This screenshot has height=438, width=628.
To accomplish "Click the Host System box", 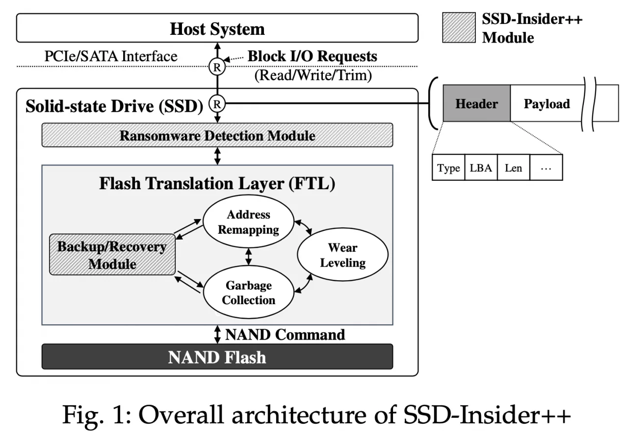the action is (217, 28).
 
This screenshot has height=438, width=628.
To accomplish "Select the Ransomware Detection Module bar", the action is (217, 135).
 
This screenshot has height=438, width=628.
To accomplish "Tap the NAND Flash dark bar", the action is (217, 357).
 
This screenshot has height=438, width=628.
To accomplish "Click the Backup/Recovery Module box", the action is (112, 254).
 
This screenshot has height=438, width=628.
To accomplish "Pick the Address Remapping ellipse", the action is (248, 221).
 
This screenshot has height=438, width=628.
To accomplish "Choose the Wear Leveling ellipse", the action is (342, 254).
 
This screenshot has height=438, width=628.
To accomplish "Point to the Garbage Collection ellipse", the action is (248, 292).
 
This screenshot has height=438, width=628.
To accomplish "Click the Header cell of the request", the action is (476, 103).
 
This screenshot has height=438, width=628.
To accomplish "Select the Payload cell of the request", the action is (547, 103).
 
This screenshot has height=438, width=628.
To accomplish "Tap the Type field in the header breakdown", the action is (448, 167).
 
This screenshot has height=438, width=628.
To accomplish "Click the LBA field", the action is (481, 167).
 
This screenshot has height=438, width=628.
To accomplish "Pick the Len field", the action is (513, 167).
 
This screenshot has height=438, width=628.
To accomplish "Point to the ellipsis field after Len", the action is (546, 167).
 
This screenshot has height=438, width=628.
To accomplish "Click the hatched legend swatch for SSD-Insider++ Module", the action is (459, 27).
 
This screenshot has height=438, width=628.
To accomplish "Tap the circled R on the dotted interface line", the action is (217, 67).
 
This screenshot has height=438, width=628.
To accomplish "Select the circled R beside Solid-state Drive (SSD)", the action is (217, 103).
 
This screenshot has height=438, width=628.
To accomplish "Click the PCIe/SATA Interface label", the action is (111, 56).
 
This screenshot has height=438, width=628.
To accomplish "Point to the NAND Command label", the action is (285, 335).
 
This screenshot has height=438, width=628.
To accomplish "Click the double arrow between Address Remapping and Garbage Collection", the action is (248, 257).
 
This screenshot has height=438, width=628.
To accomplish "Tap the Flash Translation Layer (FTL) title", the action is (217, 183).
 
